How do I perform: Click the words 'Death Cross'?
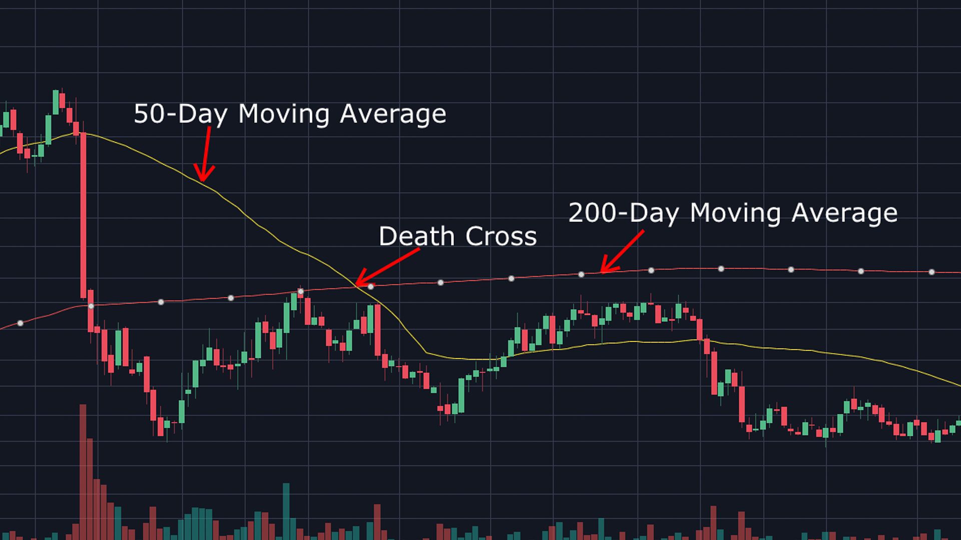457,236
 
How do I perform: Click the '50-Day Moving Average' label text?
290,114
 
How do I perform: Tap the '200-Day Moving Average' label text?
733,213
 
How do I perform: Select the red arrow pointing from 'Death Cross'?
387,267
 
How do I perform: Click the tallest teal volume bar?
286,511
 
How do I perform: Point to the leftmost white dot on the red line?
21,323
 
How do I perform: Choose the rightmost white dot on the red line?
931,272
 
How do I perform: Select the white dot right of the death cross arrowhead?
371,286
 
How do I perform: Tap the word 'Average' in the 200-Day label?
844,213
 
